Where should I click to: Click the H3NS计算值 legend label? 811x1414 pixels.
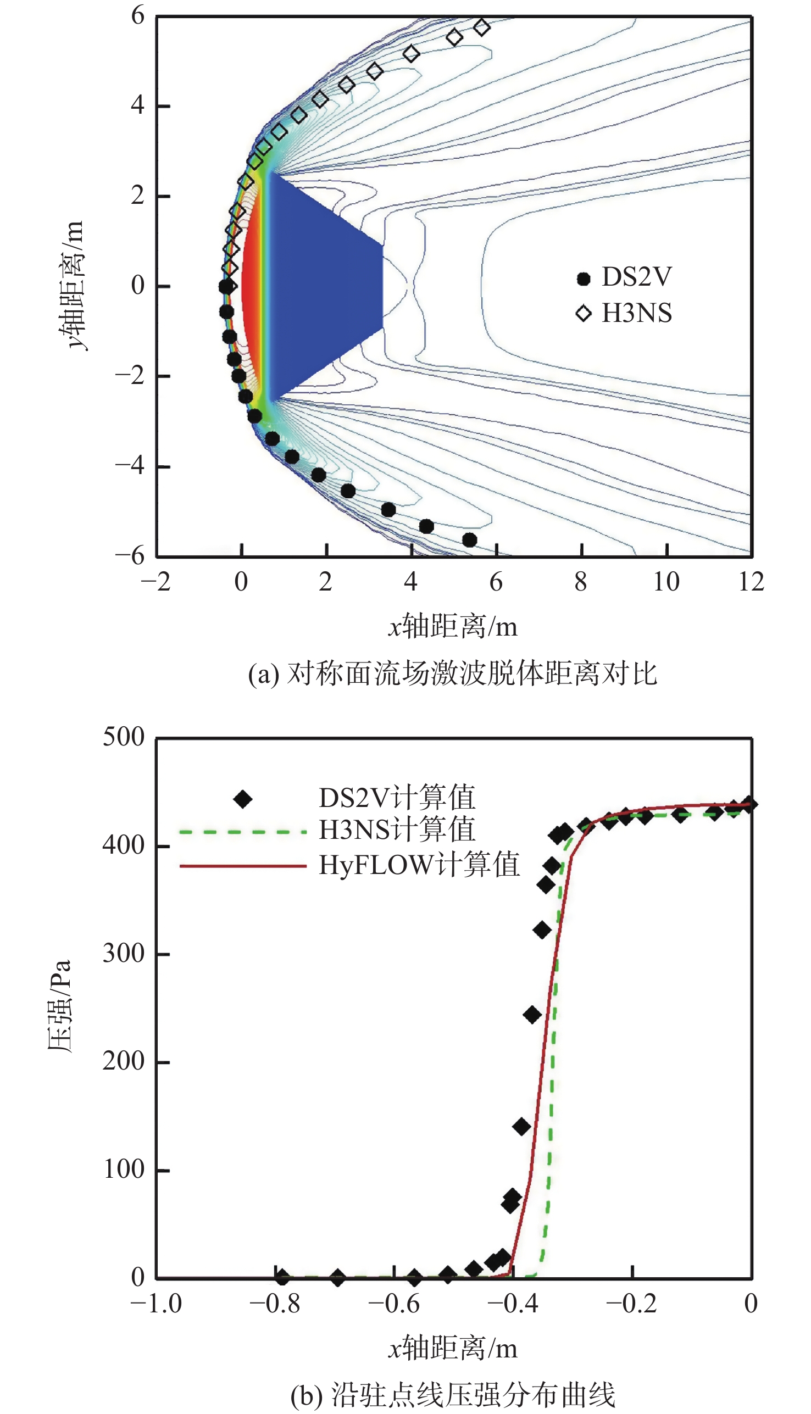(397, 830)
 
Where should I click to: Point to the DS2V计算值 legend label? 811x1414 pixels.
(397, 798)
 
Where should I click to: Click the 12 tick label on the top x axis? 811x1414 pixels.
(751, 582)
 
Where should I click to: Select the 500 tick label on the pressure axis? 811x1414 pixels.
(123, 737)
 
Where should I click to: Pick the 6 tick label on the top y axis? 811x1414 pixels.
(137, 15)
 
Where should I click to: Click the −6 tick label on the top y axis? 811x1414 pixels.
(130, 555)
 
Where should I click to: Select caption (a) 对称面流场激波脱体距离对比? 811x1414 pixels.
(452, 674)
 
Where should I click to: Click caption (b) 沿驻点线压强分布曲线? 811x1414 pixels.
(452, 1390)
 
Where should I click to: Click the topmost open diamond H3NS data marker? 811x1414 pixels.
(482, 27)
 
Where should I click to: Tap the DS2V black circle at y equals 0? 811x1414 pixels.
(226, 287)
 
